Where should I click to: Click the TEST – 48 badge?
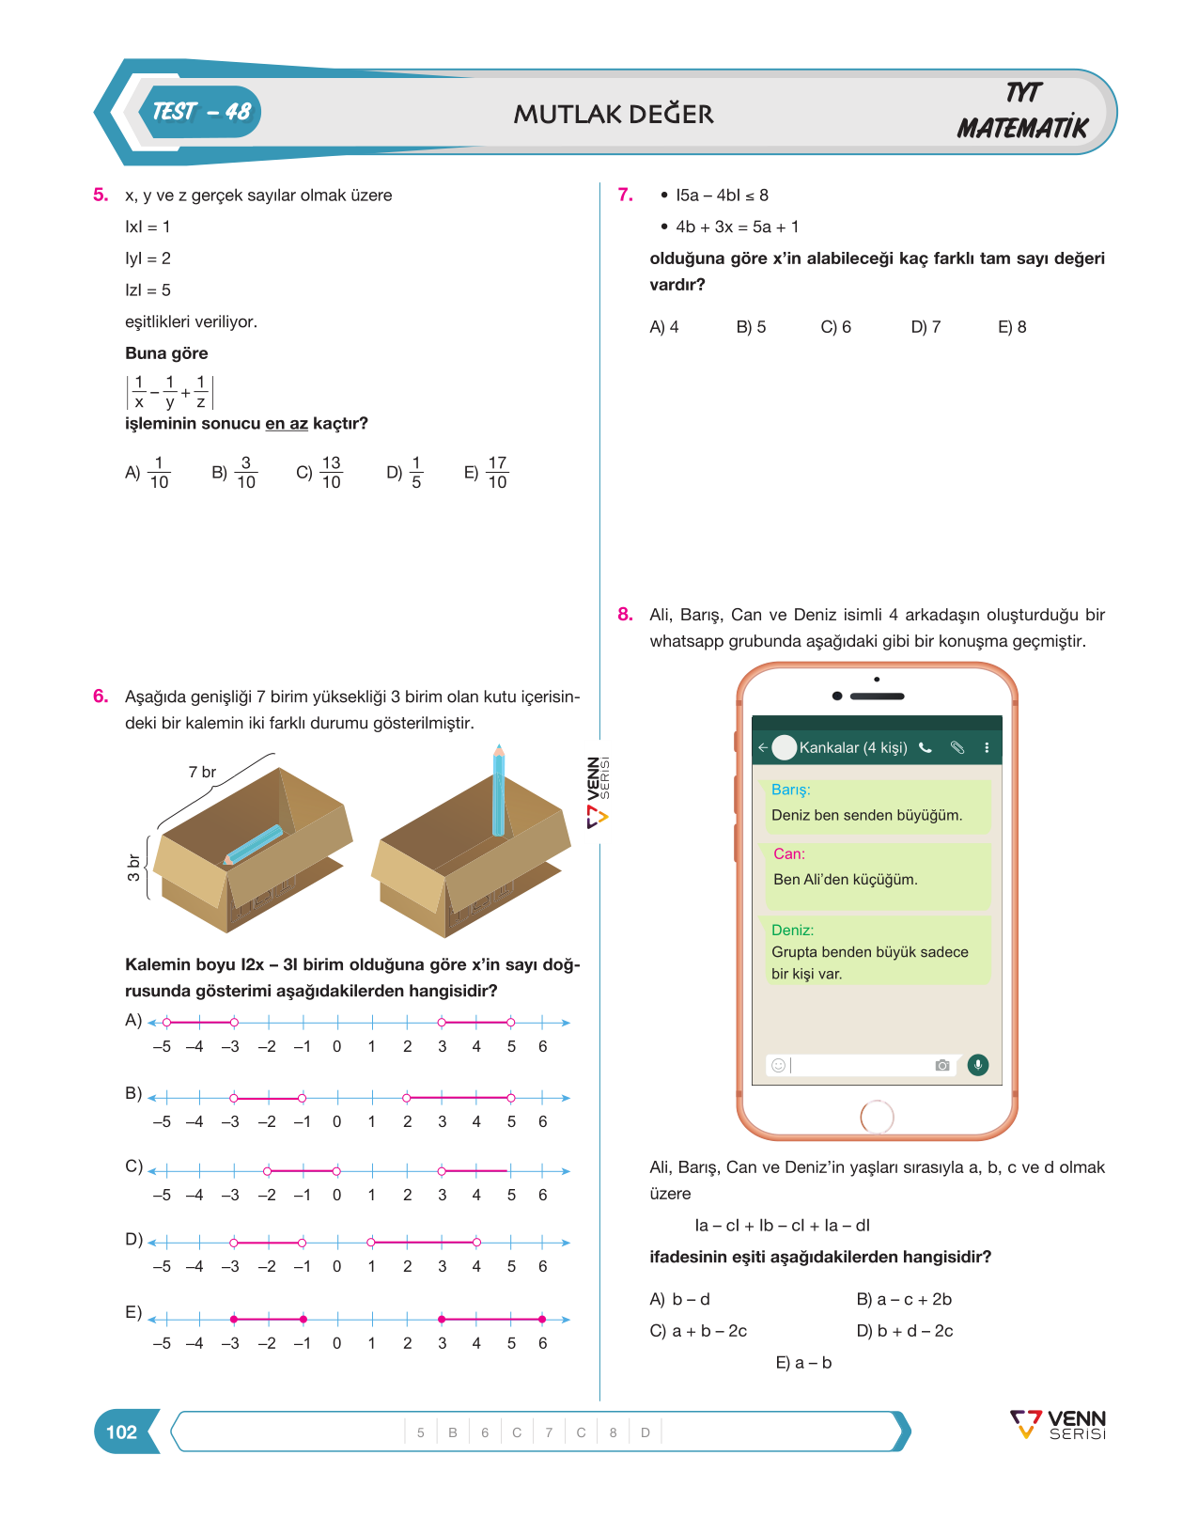point(200,112)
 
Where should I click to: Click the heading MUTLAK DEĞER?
point(614,113)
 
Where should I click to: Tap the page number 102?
point(121,1432)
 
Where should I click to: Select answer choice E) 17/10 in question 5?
point(486,472)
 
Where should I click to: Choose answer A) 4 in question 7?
point(663,326)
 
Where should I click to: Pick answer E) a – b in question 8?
point(803,1362)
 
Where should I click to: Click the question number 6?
point(101,696)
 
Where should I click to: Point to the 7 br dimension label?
point(202,772)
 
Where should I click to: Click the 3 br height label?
point(132,868)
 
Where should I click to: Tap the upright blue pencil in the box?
point(499,790)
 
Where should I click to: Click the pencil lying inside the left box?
point(253,844)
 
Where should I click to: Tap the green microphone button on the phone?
point(977,1064)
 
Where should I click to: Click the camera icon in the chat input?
point(942,1065)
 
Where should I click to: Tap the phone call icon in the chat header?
point(926,747)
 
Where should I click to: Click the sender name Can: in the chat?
point(789,853)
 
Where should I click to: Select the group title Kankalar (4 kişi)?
point(853,747)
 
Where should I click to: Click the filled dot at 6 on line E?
point(541,1319)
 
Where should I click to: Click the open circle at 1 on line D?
point(371,1243)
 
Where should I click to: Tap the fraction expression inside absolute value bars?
point(170,392)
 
